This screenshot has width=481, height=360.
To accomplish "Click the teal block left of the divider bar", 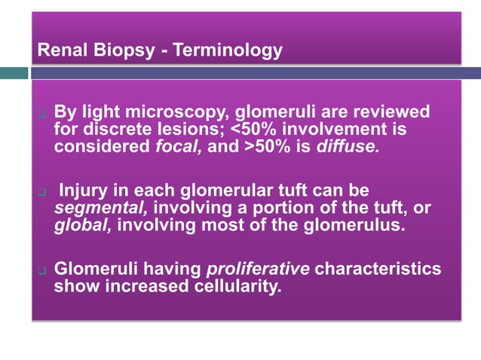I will point(14,73).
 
